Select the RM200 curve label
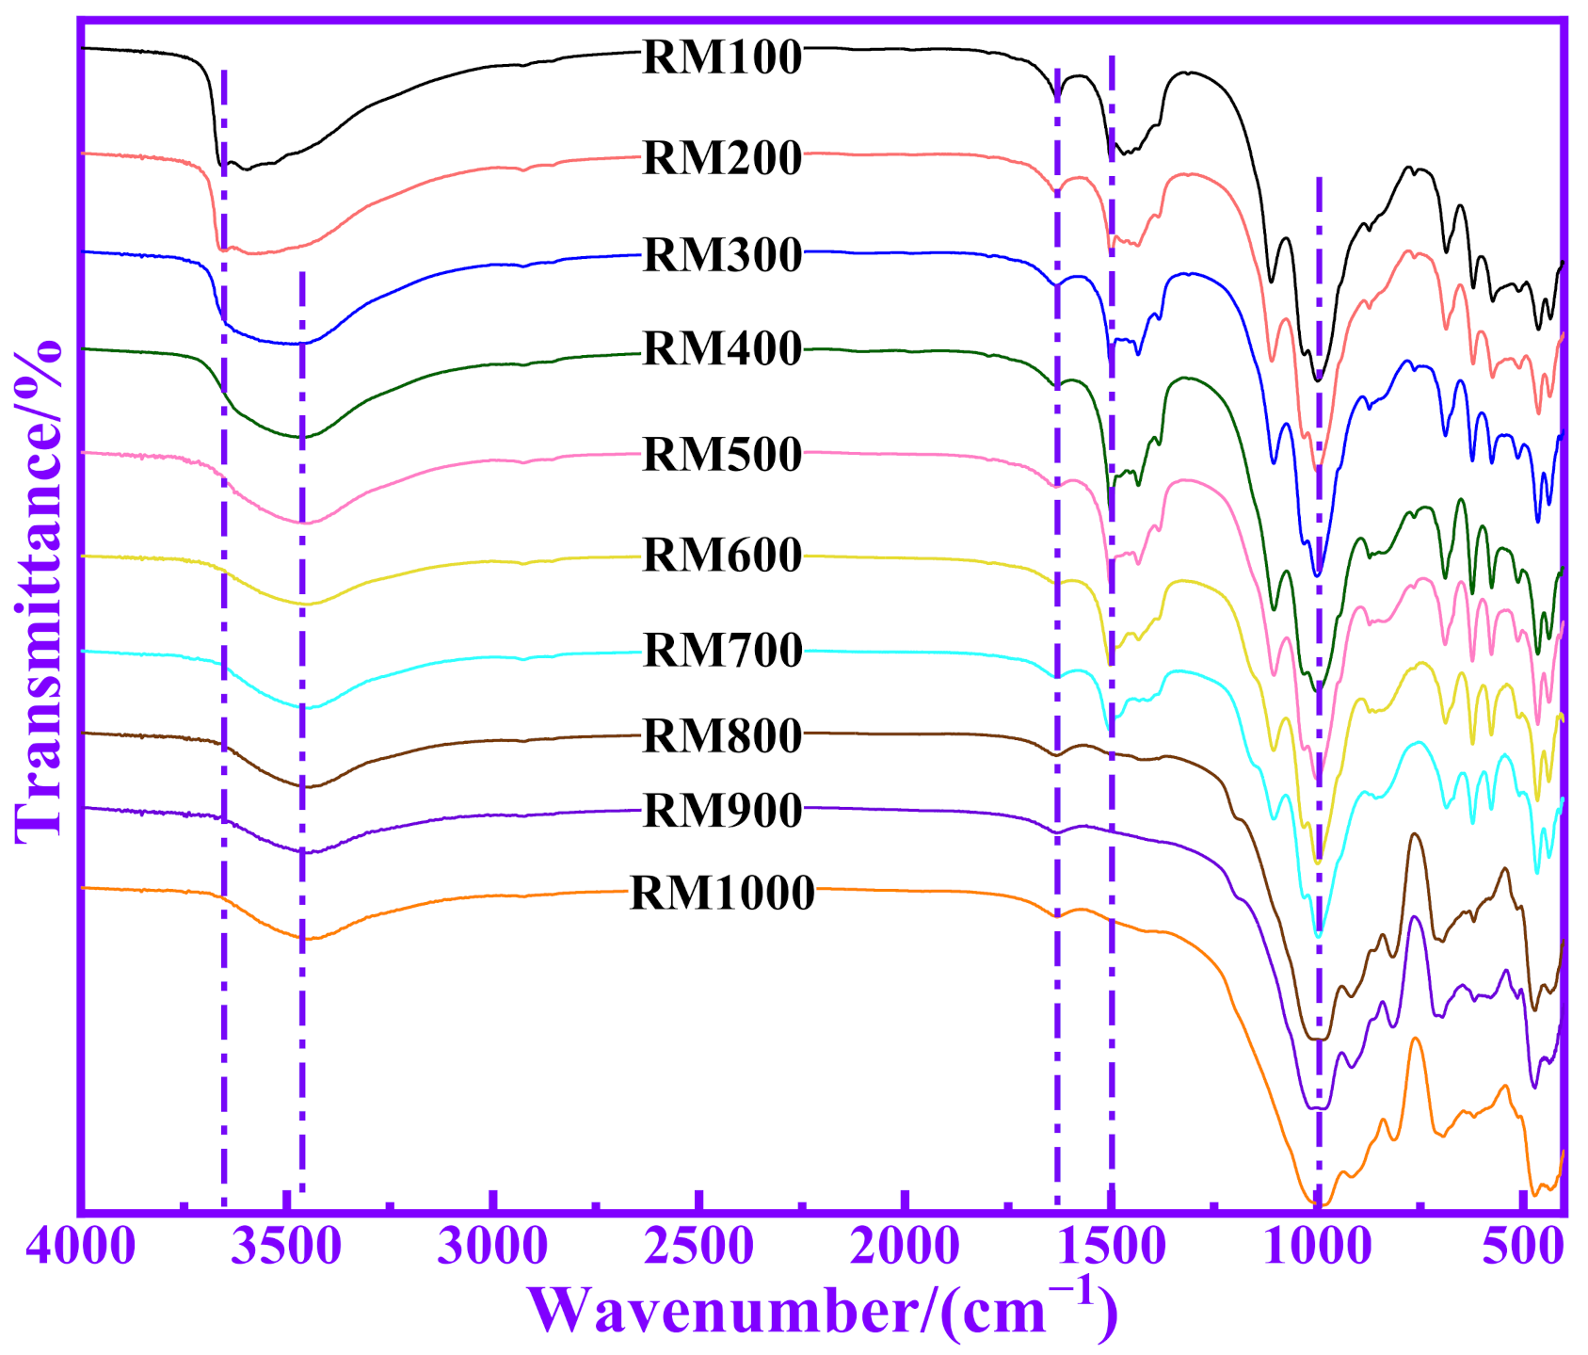point(722,157)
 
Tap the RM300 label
point(722,255)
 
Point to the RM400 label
point(722,348)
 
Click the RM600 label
point(722,555)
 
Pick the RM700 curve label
point(722,650)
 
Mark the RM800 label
point(722,735)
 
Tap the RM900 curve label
point(722,811)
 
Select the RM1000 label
point(722,893)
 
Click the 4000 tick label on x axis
point(81,1248)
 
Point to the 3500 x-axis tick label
point(286,1248)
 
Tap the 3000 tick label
point(492,1248)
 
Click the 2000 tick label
point(905,1248)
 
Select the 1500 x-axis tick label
point(1112,1248)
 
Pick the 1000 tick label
point(1318,1248)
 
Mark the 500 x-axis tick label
point(1522,1248)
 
